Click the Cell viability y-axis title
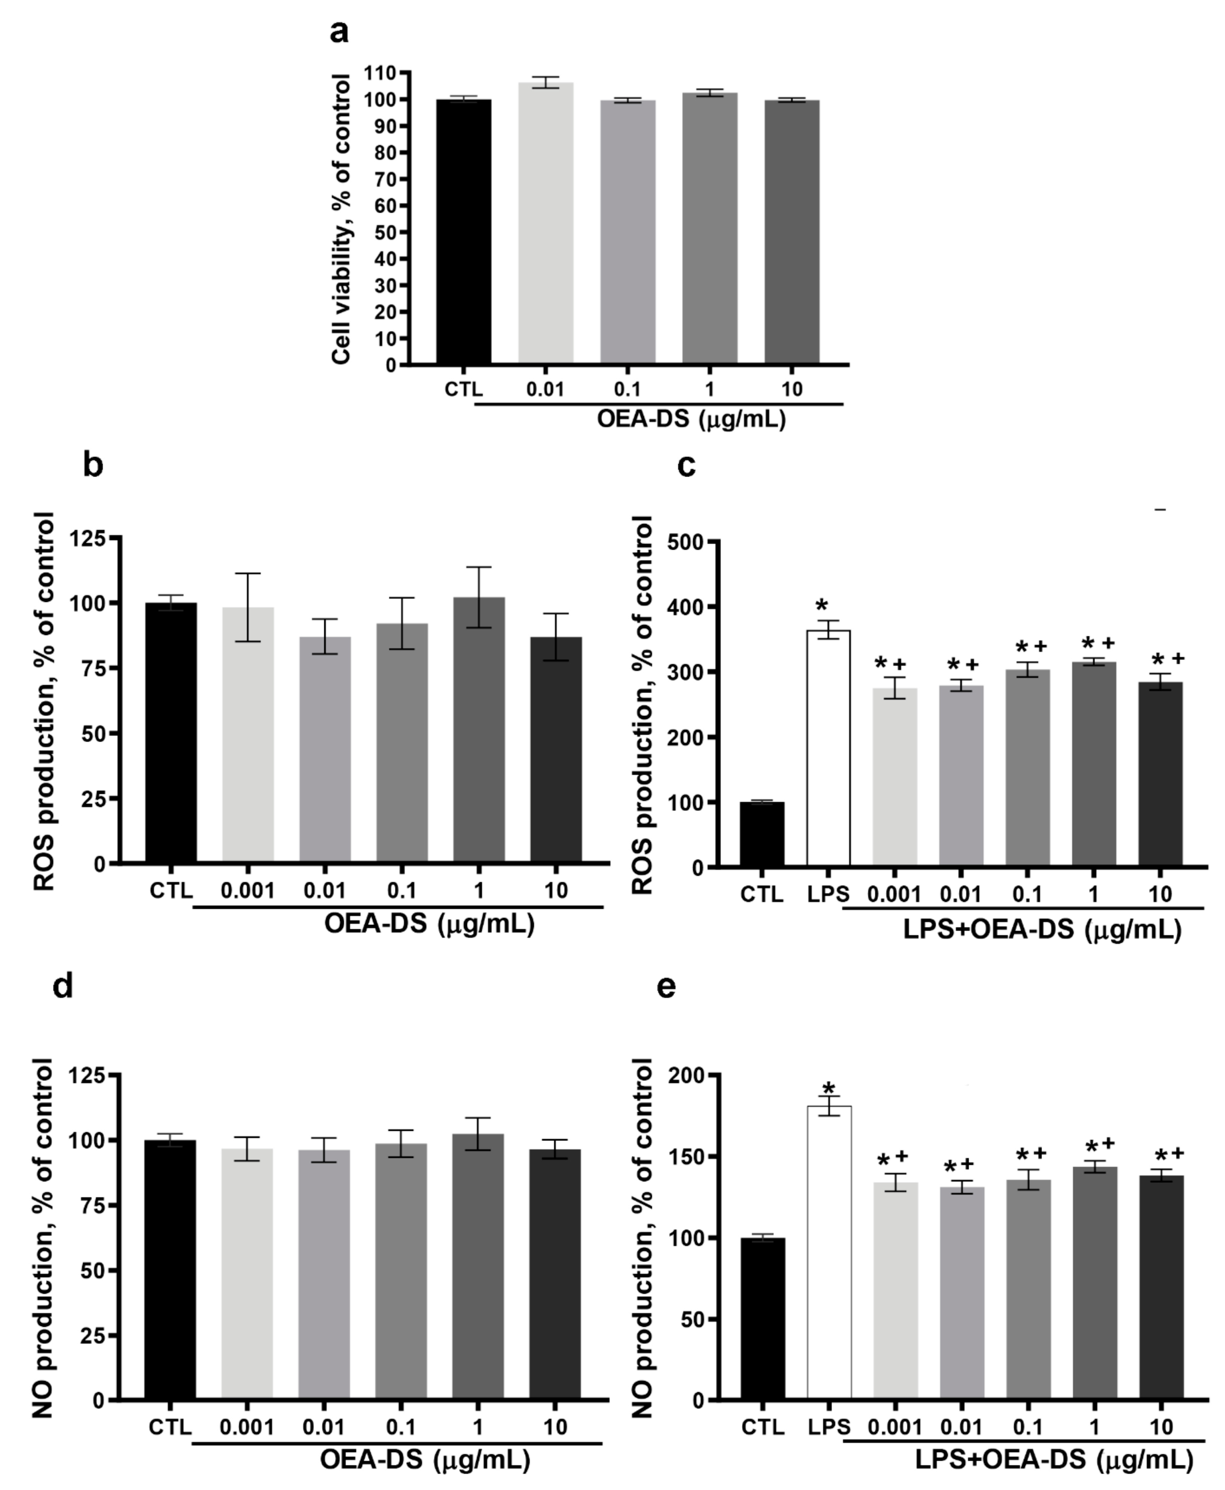click(342, 219)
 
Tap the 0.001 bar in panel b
click(248, 734)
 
